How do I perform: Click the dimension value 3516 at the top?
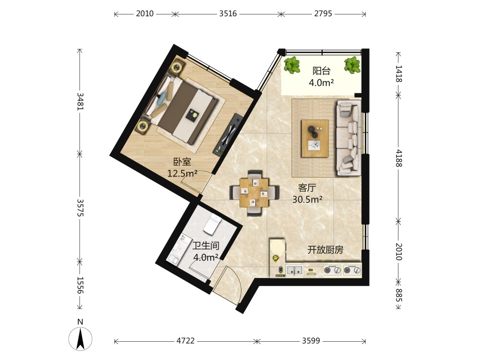228,14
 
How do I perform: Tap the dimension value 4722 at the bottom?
185,341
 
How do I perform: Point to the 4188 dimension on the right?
398,158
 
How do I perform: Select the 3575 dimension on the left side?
80,208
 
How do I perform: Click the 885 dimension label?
398,295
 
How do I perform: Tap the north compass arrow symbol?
80,338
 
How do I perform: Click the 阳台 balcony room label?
322,71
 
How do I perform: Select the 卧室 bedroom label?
182,162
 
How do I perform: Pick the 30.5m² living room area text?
307,199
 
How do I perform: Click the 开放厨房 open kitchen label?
325,250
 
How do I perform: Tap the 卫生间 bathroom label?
206,245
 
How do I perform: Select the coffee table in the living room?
315,139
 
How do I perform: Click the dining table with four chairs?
254,193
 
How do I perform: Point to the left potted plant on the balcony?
292,65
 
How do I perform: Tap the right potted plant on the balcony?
352,65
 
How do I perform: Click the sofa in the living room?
348,138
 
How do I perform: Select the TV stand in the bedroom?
228,134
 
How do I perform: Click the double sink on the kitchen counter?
295,270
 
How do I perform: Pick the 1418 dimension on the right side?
398,74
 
